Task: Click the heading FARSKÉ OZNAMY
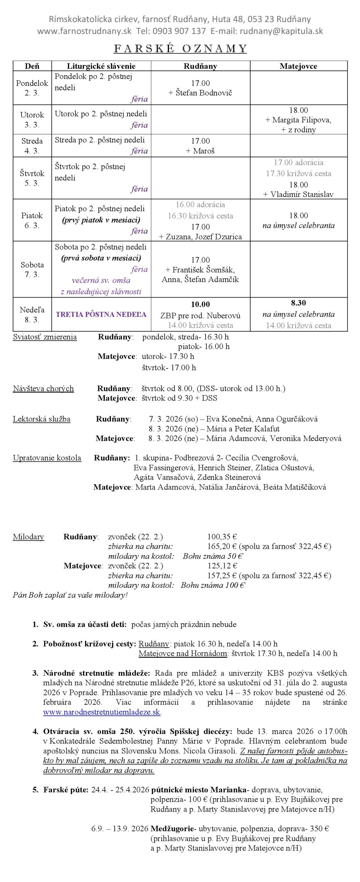click(x=180, y=49)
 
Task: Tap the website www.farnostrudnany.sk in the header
click(x=84, y=31)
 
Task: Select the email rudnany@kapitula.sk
click(x=281, y=31)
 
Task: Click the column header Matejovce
click(x=298, y=66)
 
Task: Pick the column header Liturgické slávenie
click(x=101, y=66)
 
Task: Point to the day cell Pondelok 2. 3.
click(x=32, y=88)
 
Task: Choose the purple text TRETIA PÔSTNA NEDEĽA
click(x=101, y=314)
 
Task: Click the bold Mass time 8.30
click(x=298, y=303)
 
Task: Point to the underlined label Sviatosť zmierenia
click(x=45, y=337)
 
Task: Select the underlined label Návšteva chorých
click(x=43, y=389)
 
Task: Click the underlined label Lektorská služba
click(x=42, y=419)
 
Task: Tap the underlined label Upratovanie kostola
click(x=47, y=458)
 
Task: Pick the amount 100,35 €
click(x=222, y=536)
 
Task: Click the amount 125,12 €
click(x=222, y=566)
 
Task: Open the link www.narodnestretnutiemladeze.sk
click(x=102, y=712)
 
